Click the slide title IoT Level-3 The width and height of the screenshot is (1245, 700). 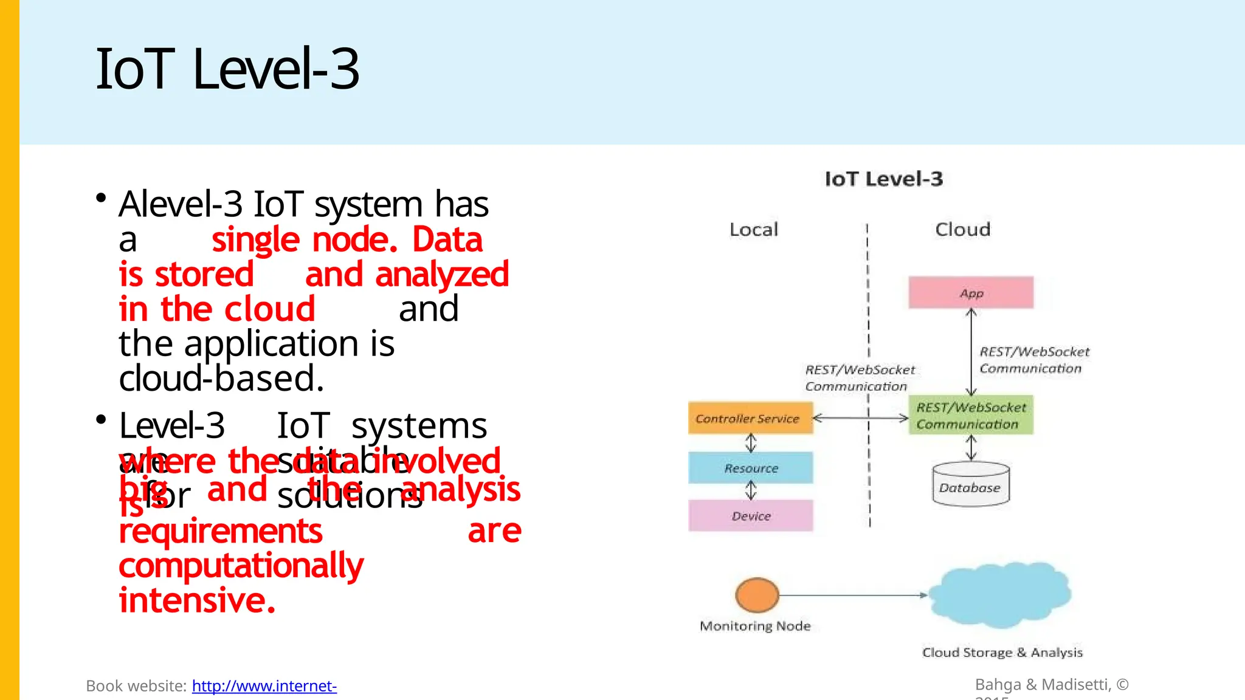227,69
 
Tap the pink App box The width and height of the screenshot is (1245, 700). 971,293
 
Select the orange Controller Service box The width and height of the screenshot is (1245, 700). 750,418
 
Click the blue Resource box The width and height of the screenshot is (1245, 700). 750,468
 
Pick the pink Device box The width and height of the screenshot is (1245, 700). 750,516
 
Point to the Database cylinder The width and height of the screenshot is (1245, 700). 970,486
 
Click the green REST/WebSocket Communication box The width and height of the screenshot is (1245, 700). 971,416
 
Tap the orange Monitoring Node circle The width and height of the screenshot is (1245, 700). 757,594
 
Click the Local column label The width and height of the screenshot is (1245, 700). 753,230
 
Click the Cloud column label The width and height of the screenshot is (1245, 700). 962,230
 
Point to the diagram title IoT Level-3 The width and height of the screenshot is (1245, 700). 883,179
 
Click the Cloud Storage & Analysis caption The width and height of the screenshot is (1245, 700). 1002,653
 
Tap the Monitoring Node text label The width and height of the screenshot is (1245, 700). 755,626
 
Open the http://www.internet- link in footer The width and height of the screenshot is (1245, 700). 264,686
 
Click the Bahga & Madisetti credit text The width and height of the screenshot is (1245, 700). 1052,685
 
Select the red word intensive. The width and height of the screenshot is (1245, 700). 197,600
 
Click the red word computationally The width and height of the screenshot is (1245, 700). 241,566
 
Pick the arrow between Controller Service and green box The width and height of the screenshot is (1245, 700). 860,418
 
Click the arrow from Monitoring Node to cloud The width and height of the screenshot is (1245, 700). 851,595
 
